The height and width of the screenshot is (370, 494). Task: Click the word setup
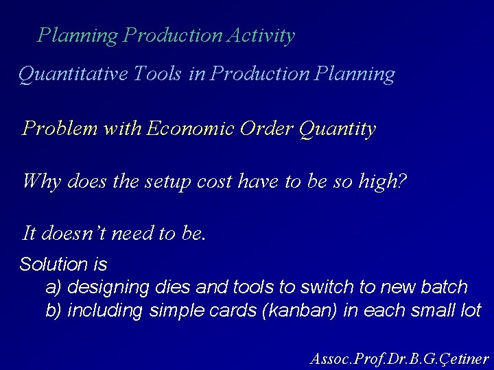tap(170, 182)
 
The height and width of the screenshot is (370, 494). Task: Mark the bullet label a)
tap(54, 286)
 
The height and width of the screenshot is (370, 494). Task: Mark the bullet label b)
tap(54, 310)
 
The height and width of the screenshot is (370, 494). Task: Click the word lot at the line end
tap(470, 310)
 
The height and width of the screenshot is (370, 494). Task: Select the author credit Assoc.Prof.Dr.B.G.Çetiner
tap(399, 358)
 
